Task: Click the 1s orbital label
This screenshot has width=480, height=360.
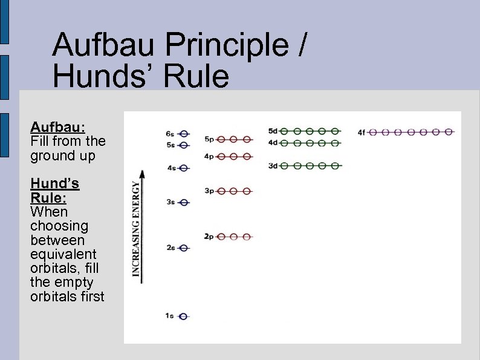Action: (169, 316)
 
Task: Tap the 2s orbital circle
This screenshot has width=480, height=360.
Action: (184, 248)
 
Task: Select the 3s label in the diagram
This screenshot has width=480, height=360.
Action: (170, 203)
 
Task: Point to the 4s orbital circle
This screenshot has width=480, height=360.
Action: (184, 168)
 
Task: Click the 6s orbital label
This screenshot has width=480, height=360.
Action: (170, 133)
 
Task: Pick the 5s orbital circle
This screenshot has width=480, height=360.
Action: (184, 145)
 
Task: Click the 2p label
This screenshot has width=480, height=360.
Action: (209, 236)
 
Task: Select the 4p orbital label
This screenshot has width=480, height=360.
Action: (209, 156)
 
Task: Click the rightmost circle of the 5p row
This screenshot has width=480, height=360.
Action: (246, 139)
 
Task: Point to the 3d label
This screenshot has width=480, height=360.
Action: (273, 166)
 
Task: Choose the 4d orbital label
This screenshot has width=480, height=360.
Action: (273, 143)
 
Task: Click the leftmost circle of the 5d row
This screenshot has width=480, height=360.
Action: (284, 131)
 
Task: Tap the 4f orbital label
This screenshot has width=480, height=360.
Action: (362, 132)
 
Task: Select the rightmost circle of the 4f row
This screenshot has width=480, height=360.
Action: (448, 131)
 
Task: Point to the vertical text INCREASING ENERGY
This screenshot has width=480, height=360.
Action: (137, 230)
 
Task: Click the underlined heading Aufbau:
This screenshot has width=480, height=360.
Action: (58, 127)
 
